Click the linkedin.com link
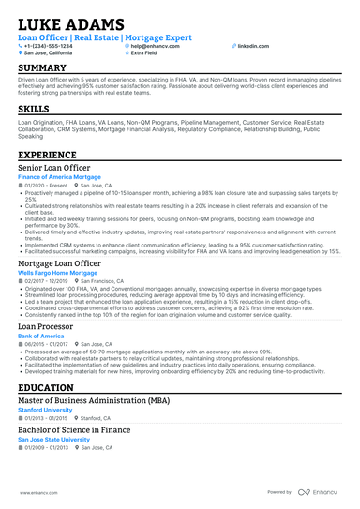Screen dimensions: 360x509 (x=247, y=45)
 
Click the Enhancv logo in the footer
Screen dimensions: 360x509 (x=320, y=491)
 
